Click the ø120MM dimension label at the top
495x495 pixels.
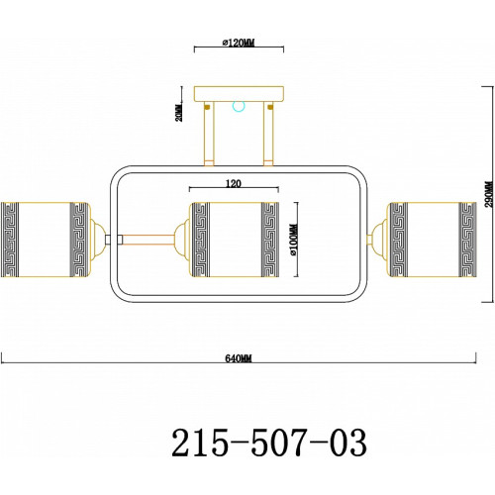click(239, 43)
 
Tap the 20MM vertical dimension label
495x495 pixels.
click(179, 112)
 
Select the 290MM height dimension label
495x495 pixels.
click(490, 194)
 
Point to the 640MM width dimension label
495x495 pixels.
click(239, 358)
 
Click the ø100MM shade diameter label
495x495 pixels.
click(294, 240)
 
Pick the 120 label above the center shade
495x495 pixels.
click(234, 183)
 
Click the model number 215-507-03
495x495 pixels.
click(269, 443)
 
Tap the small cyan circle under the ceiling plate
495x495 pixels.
click(239, 106)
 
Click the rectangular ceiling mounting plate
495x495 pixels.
click(239, 94)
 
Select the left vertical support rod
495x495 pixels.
click(209, 134)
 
